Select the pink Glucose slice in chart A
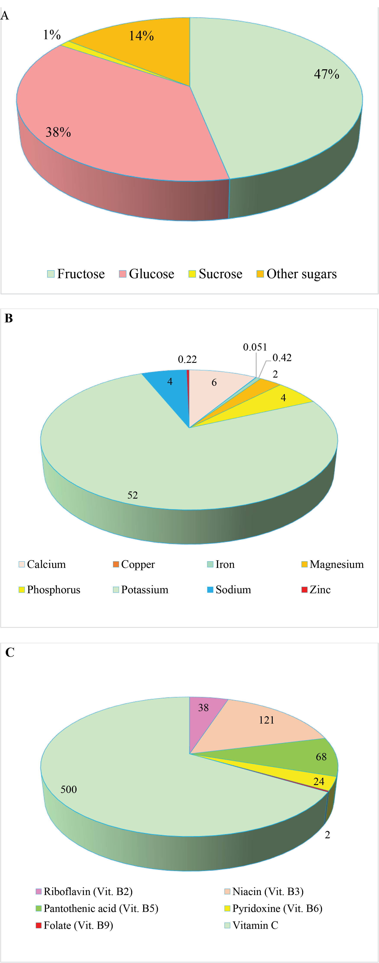pos(112,123)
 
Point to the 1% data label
pos(52,35)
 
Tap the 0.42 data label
pos(282,358)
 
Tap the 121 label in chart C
pos(266,720)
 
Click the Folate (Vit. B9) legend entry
pos(74,925)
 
